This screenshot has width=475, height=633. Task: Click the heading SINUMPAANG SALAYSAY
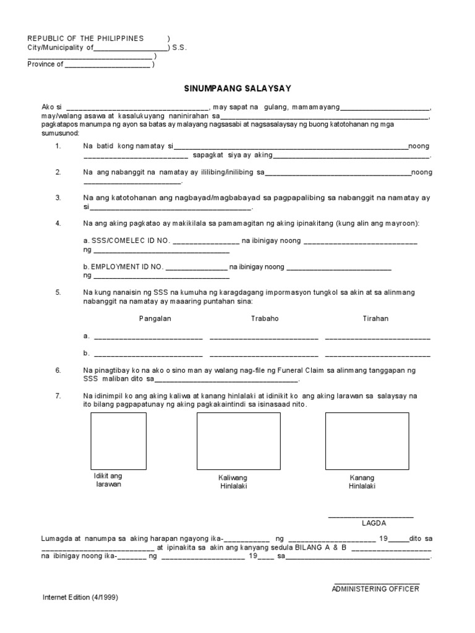[237, 88]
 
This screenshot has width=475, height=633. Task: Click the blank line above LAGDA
[370, 516]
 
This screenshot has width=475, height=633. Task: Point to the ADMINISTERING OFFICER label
[375, 588]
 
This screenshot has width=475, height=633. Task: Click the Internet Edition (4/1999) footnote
[80, 598]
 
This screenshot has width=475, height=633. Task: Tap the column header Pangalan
[155, 319]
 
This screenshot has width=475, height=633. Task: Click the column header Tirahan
[375, 319]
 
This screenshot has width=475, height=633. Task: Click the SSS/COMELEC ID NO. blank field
[206, 241]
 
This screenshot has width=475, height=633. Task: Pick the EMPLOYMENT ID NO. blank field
[196, 268]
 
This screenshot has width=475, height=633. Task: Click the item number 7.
[58, 395]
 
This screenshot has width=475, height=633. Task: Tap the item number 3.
[58, 198]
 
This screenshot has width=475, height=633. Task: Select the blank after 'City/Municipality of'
[131, 48]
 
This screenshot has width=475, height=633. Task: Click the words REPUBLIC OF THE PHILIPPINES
[85, 38]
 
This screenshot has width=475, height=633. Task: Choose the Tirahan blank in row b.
[377, 355]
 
